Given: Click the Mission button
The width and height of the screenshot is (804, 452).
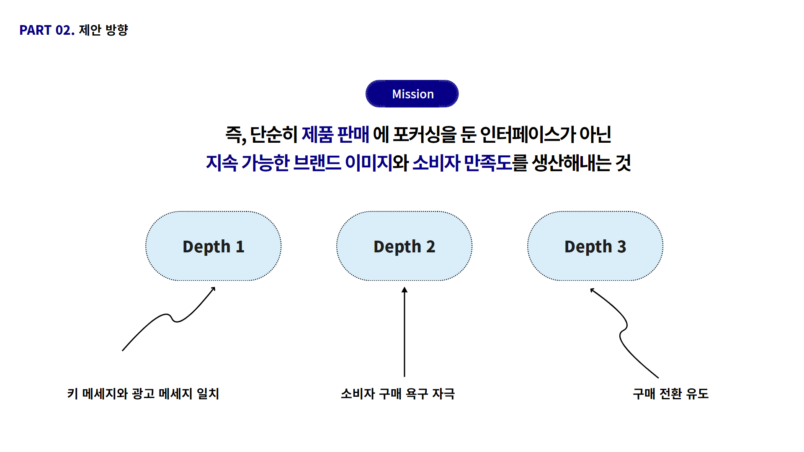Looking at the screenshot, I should pyautogui.click(x=412, y=94).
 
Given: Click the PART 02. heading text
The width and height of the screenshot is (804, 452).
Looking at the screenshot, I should pyautogui.click(x=47, y=30).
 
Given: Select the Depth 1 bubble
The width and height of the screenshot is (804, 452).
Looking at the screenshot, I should pyautogui.click(x=213, y=246).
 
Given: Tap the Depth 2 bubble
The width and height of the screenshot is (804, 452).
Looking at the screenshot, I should pyautogui.click(x=404, y=246).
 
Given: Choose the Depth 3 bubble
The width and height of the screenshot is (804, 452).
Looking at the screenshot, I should pyautogui.click(x=595, y=246).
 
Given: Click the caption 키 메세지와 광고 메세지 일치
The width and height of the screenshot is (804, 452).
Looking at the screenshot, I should pyautogui.click(x=143, y=393).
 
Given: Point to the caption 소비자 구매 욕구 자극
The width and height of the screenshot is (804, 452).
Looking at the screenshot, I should pyautogui.click(x=398, y=393).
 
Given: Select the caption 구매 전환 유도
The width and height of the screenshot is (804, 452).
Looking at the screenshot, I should pyautogui.click(x=670, y=393).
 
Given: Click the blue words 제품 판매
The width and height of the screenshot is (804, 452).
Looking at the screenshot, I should pyautogui.click(x=335, y=134).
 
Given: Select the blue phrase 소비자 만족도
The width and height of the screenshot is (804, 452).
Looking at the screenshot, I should pyautogui.click(x=462, y=163).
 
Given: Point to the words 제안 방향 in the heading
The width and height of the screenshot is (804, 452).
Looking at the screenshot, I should pyautogui.click(x=103, y=30).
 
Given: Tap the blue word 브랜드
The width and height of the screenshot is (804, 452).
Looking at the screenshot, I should pyautogui.click(x=317, y=163).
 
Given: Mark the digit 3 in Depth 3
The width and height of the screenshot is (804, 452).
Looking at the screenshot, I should pyautogui.click(x=622, y=247).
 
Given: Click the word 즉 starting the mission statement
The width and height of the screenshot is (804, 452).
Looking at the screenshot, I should pyautogui.click(x=234, y=134).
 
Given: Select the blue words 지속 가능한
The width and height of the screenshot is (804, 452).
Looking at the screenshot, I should pyautogui.click(x=247, y=163).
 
